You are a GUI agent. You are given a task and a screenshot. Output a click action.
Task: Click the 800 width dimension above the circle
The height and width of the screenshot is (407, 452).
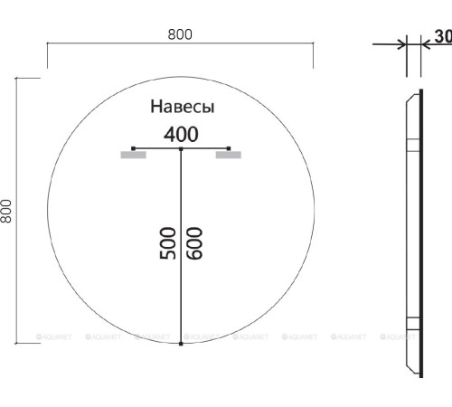click(x=180, y=33)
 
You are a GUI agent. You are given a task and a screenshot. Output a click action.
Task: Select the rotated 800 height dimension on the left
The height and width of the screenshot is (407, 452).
click(x=7, y=212)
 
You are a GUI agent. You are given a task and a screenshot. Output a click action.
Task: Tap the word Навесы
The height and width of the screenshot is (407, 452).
click(x=182, y=107)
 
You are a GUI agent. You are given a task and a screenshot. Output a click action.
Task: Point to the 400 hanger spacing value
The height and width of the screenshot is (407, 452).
click(x=181, y=134)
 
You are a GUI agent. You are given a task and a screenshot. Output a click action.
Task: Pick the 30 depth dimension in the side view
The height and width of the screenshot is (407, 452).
click(x=442, y=37)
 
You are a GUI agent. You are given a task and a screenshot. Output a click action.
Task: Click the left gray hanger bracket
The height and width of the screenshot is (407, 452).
click(x=133, y=156)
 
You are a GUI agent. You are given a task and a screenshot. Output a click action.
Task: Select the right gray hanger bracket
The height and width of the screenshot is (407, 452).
click(x=229, y=156)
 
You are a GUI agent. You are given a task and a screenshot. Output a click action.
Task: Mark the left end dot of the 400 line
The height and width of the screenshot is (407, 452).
click(x=133, y=147)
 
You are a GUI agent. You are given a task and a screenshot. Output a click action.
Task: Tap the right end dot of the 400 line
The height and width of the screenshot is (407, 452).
click(x=230, y=147)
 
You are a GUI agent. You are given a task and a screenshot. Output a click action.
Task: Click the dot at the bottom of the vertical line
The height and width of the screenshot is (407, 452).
click(x=181, y=344)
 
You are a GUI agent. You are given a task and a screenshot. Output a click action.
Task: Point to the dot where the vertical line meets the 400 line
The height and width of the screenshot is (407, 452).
click(x=181, y=148)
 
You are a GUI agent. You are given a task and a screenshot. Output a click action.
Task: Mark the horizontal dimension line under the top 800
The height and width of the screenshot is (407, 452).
click(x=180, y=45)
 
